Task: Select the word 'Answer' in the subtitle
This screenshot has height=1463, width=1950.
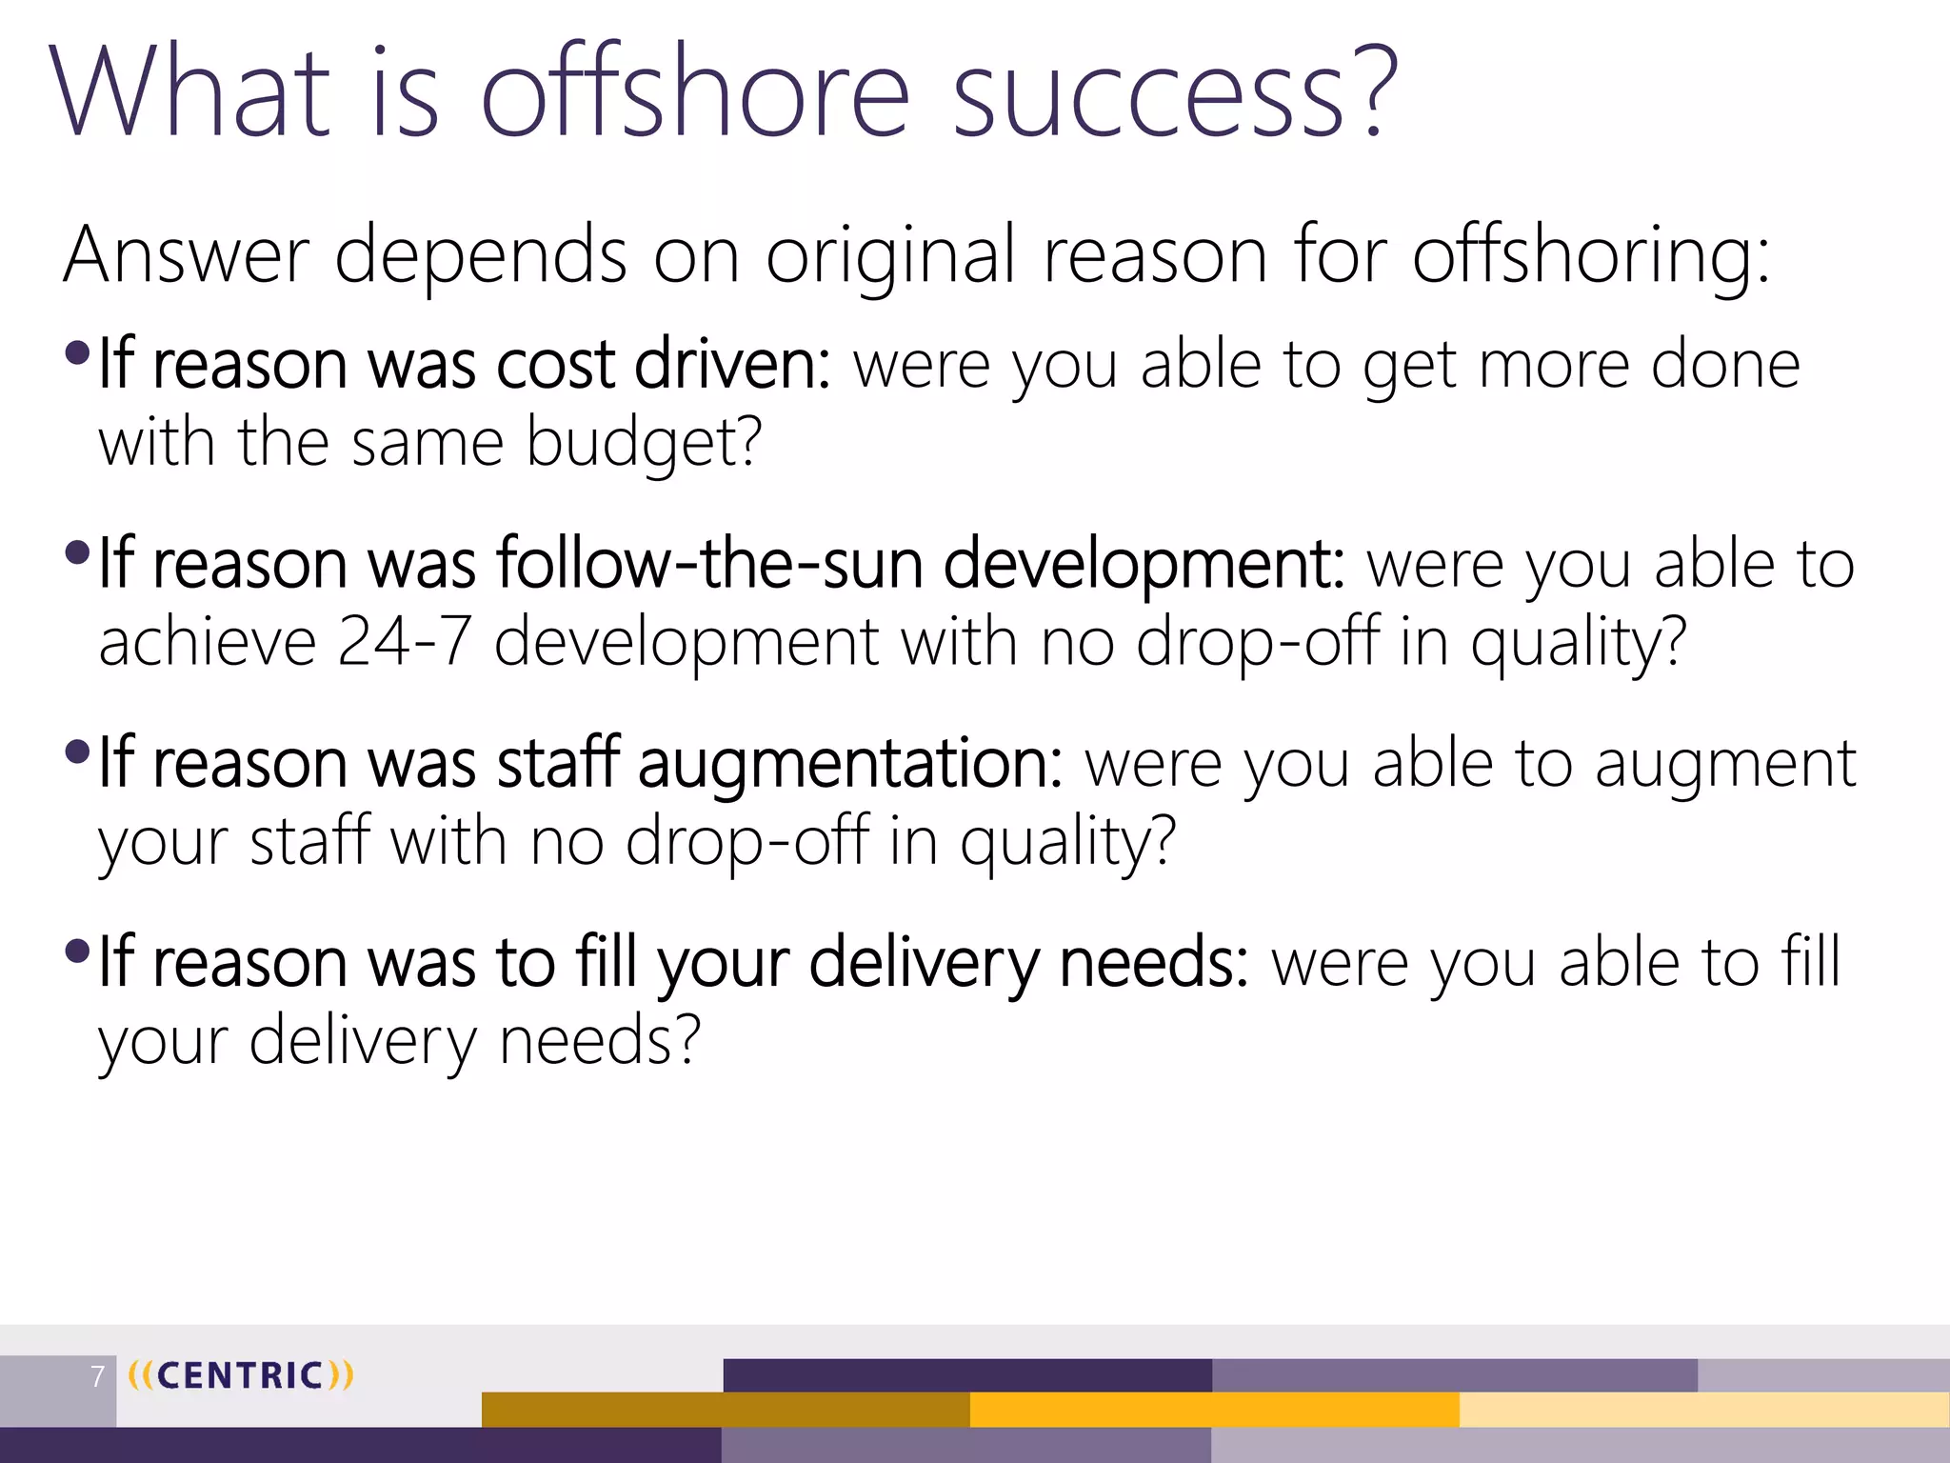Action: pyautogui.click(x=187, y=254)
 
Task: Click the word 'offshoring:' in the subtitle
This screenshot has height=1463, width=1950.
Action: pyautogui.click(x=1590, y=254)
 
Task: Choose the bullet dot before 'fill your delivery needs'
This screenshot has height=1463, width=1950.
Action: pyautogui.click(x=77, y=951)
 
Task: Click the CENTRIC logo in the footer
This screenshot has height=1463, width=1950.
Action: pyautogui.click(x=240, y=1375)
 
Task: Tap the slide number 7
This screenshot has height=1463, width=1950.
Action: pyautogui.click(x=97, y=1376)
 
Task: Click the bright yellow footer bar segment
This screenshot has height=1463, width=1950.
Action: pyautogui.click(x=1214, y=1410)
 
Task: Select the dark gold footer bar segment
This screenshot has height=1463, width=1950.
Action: pyautogui.click(x=726, y=1410)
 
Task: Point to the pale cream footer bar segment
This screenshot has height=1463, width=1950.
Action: pyautogui.click(x=1704, y=1410)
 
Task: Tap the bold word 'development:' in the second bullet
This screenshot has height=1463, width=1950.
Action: pyautogui.click(x=1144, y=563)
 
